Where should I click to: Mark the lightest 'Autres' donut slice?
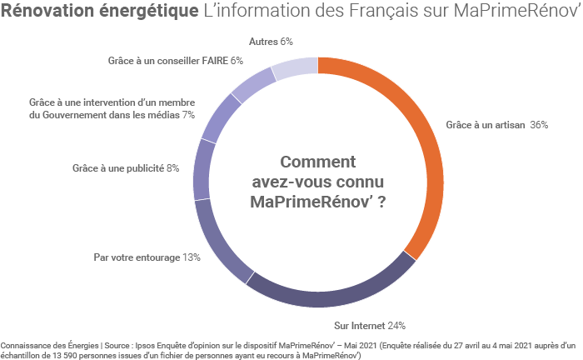(x=295, y=67)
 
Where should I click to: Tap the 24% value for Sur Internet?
(x=395, y=325)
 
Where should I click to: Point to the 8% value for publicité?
(x=173, y=168)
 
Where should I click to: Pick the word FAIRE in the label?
(x=212, y=60)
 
